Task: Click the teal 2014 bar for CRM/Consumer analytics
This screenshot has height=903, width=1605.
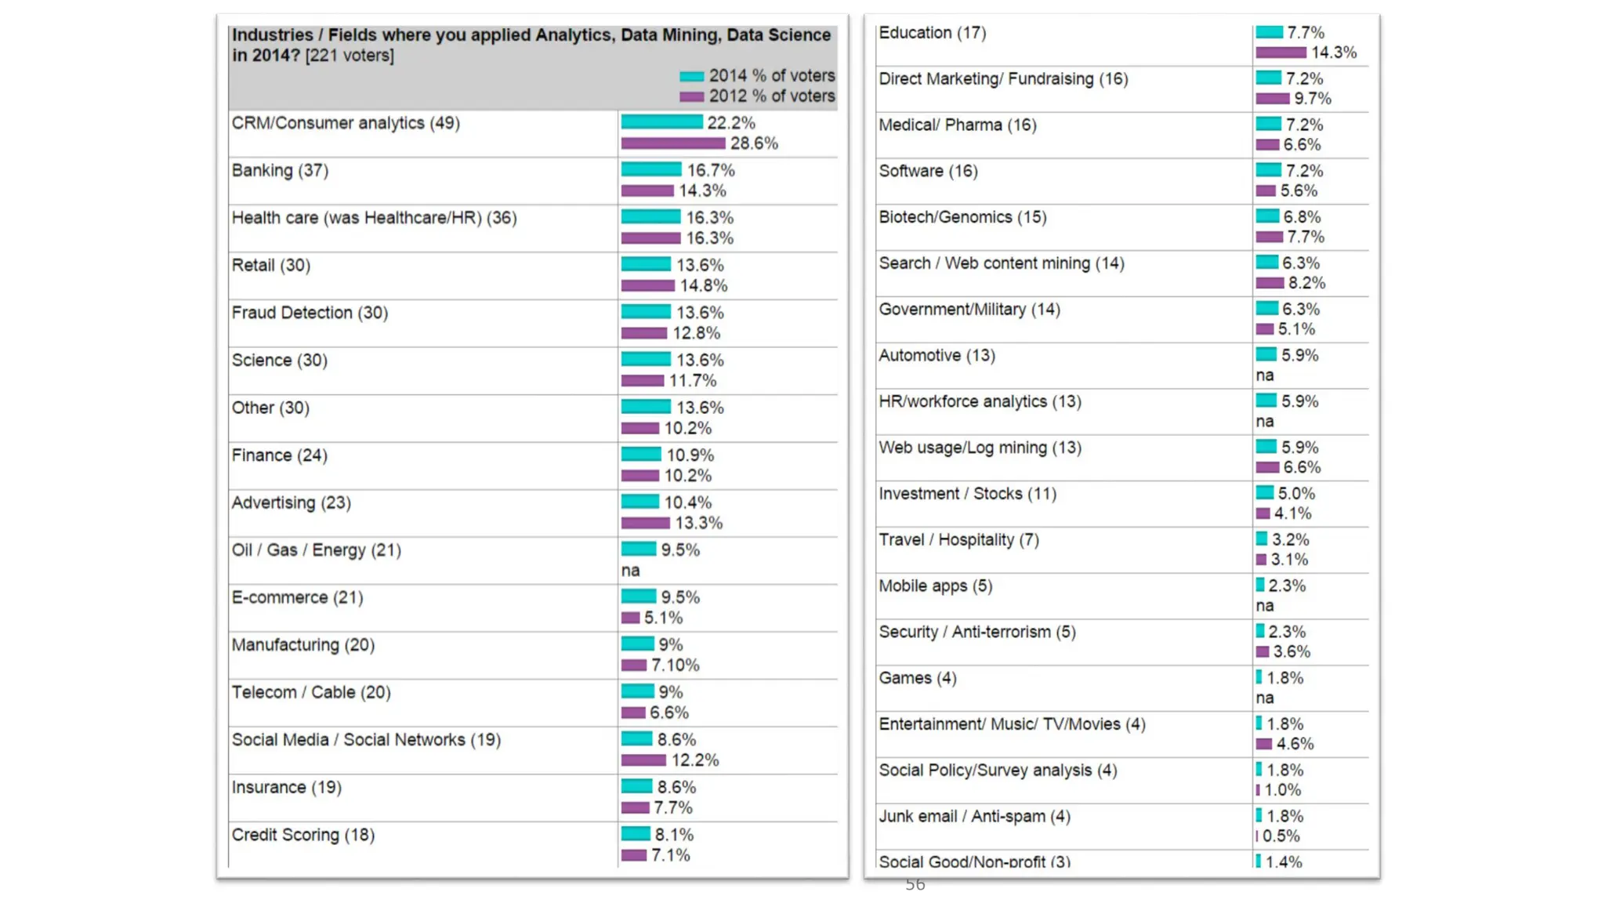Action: tap(661, 122)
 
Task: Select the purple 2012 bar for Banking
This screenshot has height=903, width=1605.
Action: tap(647, 190)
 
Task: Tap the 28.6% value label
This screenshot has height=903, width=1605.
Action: tap(754, 143)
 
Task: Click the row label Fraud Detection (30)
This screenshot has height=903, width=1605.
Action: tap(310, 313)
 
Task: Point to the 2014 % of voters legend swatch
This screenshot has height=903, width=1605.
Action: tap(691, 76)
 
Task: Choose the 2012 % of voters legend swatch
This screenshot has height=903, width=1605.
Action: tap(691, 96)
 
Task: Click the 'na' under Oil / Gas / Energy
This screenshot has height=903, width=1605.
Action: tap(630, 571)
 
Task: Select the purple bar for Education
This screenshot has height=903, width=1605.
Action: tap(1281, 53)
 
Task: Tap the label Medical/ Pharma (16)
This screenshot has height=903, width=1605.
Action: tap(957, 125)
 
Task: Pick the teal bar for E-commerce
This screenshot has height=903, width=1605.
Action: tap(639, 597)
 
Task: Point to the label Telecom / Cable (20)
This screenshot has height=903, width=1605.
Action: tap(310, 692)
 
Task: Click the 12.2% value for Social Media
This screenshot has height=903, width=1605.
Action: tap(694, 760)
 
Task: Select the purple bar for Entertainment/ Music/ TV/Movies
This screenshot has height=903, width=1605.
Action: tap(1263, 744)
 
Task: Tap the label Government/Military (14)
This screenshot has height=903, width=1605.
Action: tap(969, 310)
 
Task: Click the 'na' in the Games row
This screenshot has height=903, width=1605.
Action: tap(1264, 698)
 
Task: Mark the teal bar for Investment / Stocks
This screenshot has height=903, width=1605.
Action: tap(1264, 493)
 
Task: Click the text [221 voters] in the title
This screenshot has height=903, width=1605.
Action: tap(350, 56)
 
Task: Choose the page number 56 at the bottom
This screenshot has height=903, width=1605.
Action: tap(915, 885)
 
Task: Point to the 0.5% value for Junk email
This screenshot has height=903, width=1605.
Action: tap(1281, 836)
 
